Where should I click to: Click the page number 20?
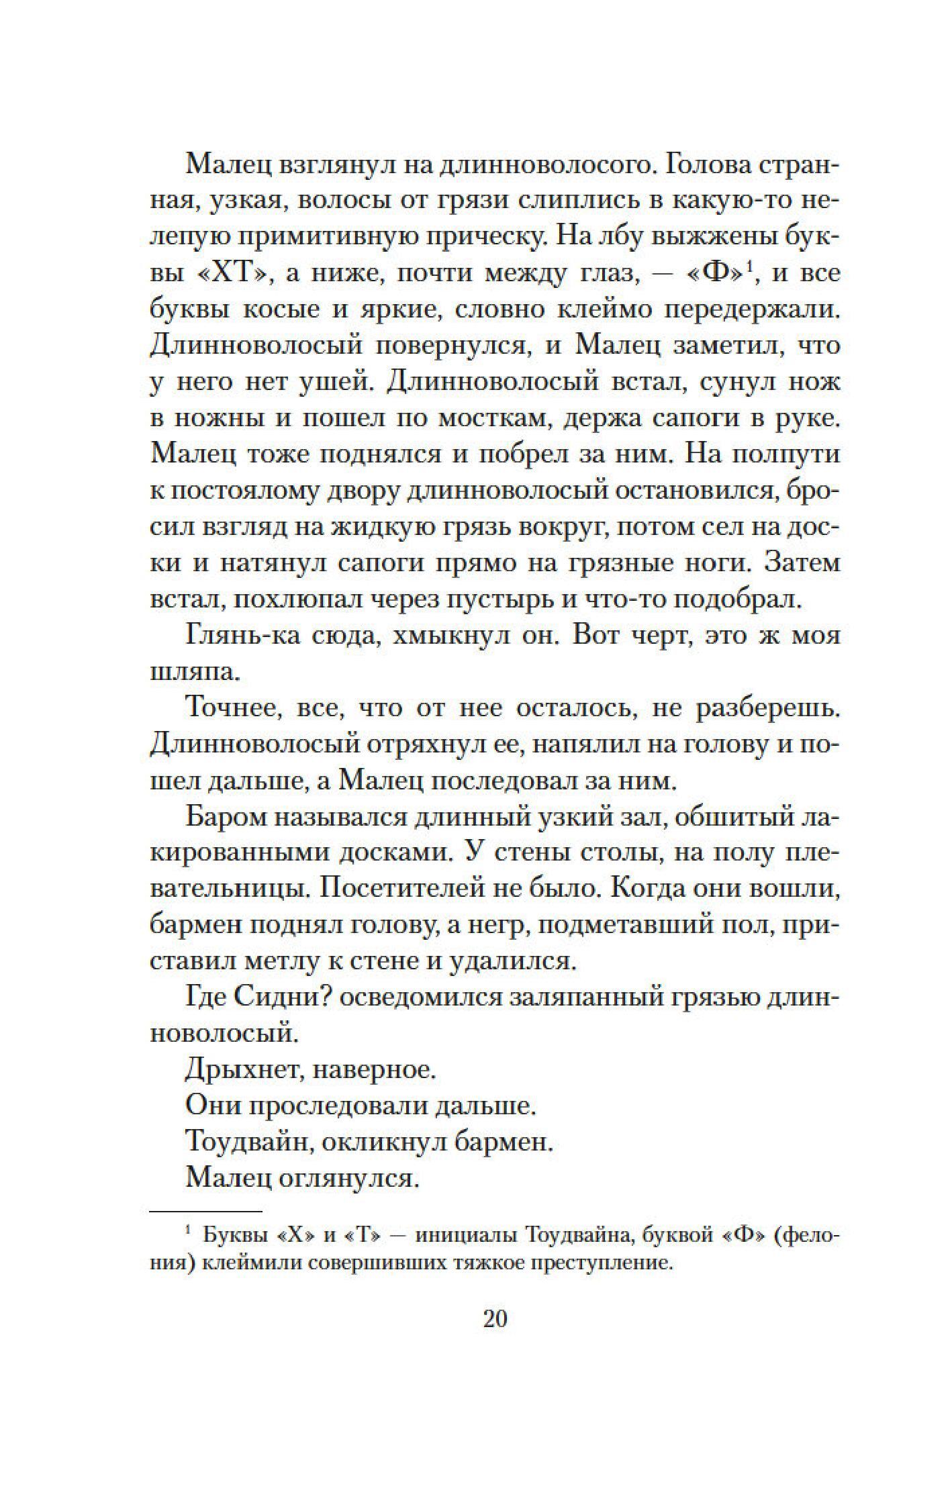pyautogui.click(x=495, y=1318)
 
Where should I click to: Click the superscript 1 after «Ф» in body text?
pyautogui.click(x=751, y=267)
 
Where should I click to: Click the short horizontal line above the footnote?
pyautogui.click(x=205, y=1212)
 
